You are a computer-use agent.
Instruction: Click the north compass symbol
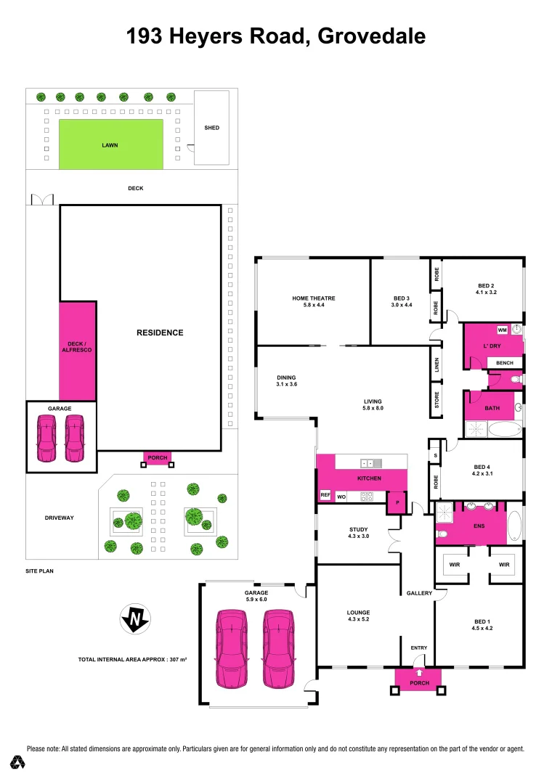pos(135,618)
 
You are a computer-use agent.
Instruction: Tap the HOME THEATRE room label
pos(314,298)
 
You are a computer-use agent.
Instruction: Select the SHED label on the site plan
pos(211,128)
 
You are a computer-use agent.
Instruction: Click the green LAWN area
pos(110,145)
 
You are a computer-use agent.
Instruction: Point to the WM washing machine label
pos(502,330)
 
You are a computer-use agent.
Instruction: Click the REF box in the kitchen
pos(325,495)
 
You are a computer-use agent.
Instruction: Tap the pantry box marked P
pos(397,502)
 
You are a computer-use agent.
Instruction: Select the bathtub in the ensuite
pos(514,528)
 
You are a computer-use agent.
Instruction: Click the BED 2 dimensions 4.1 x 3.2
pos(484,293)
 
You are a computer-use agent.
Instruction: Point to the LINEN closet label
pos(437,365)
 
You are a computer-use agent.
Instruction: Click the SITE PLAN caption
pos(39,571)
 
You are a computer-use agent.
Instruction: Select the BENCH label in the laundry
pos(505,363)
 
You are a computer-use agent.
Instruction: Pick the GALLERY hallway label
pos(419,593)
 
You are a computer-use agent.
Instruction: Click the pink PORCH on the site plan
pos(158,458)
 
